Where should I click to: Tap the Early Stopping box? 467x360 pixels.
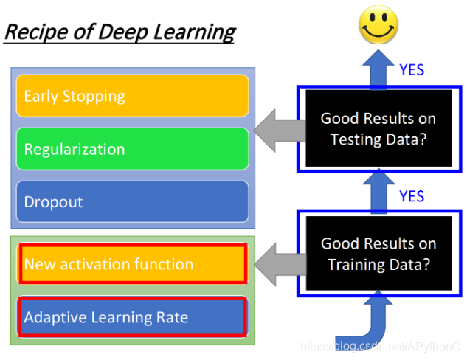[x=133, y=96]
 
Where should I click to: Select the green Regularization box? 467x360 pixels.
[x=133, y=149]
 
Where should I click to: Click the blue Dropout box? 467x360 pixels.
[x=133, y=202]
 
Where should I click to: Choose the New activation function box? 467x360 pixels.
[x=133, y=264]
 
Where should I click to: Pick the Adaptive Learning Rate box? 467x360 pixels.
[x=133, y=318]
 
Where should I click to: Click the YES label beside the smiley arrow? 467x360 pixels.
[x=412, y=70]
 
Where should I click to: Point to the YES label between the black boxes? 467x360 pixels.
[x=412, y=196]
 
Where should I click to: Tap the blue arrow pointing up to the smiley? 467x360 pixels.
[x=378, y=66]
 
